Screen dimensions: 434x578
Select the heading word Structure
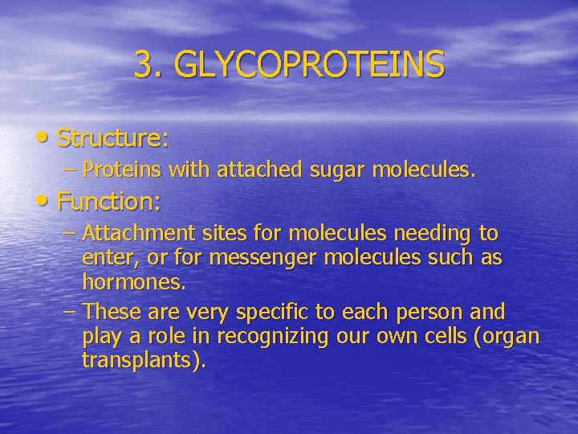(113, 139)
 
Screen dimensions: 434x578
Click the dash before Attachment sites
(70, 233)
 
